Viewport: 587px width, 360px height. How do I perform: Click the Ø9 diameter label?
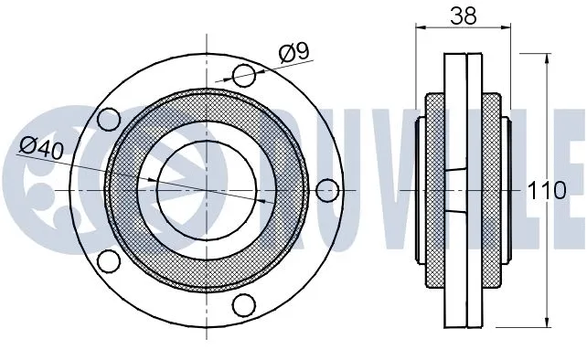pyautogui.click(x=293, y=53)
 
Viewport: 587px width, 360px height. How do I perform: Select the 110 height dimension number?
pyautogui.click(x=548, y=190)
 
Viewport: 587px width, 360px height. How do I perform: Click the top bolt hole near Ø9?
pyautogui.click(x=245, y=75)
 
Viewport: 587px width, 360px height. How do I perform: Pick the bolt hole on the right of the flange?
pyautogui.click(x=326, y=189)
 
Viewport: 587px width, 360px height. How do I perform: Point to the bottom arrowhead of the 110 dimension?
pyautogui.click(x=547, y=325)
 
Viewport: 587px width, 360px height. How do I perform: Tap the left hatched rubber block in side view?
pyautogui.click(x=432, y=189)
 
